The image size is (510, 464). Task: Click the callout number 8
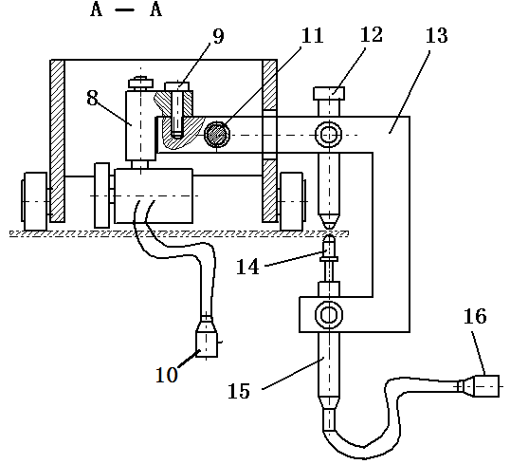pyautogui.click(x=92, y=98)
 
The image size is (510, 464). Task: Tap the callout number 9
pyautogui.click(x=218, y=36)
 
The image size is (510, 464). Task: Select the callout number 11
pyautogui.click(x=313, y=35)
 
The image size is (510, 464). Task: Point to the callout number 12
pyautogui.click(x=371, y=34)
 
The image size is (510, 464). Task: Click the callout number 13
pyautogui.click(x=437, y=35)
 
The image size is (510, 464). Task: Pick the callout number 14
pyautogui.click(x=247, y=267)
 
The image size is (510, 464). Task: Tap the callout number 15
pyautogui.click(x=239, y=391)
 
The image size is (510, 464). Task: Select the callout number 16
pyautogui.click(x=475, y=316)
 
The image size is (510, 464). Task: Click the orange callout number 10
pyautogui.click(x=167, y=375)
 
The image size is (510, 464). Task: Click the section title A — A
pyautogui.click(x=126, y=9)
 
